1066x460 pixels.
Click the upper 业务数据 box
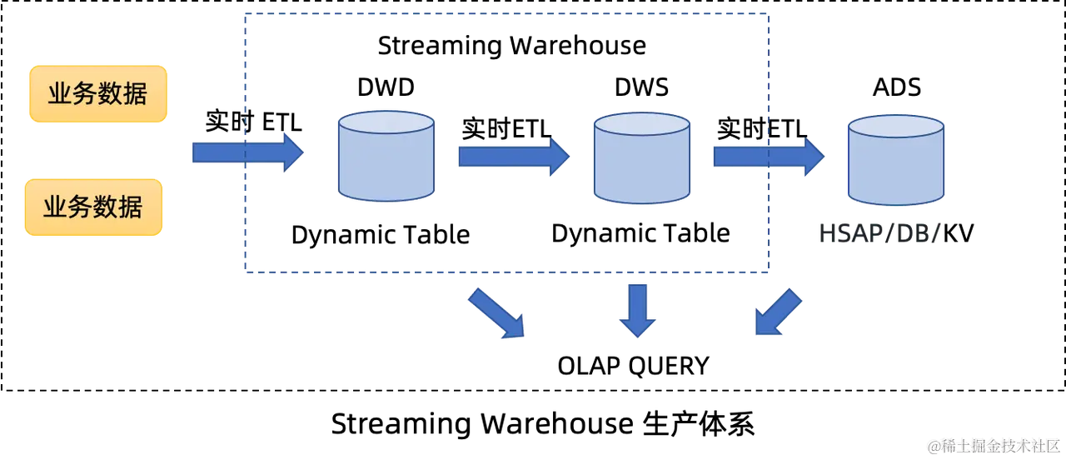[98, 94]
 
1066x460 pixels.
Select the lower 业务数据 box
[93, 207]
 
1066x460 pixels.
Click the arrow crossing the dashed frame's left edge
[248, 152]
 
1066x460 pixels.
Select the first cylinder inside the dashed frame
[386, 157]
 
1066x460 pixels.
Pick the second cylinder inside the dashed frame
[641, 158]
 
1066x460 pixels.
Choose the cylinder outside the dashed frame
[895, 160]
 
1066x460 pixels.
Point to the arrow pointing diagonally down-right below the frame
[497, 313]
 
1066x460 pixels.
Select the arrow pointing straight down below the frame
[638, 310]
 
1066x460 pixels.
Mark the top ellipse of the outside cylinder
[895, 126]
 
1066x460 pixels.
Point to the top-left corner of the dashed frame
[243, 11]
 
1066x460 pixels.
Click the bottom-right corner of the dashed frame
[768, 269]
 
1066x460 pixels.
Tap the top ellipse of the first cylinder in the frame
[386, 122]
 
